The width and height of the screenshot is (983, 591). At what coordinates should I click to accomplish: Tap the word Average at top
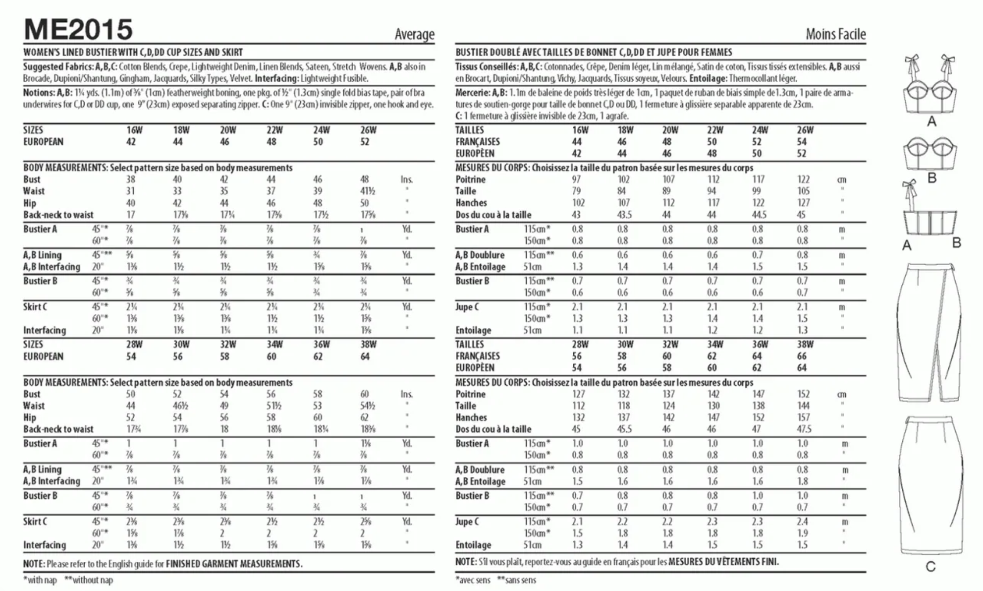point(414,34)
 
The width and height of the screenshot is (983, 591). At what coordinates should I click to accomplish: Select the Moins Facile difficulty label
point(835,34)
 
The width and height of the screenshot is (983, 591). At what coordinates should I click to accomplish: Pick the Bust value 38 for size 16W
point(131,179)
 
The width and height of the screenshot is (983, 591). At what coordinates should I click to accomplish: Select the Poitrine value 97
point(576,179)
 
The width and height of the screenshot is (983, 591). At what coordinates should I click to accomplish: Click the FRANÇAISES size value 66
point(802,356)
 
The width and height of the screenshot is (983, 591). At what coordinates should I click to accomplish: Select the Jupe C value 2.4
point(802,522)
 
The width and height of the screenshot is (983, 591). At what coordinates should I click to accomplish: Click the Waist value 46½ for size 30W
point(177,406)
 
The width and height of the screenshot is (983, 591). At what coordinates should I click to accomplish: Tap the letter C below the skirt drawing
point(930,567)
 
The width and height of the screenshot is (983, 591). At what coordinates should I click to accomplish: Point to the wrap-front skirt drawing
point(929,332)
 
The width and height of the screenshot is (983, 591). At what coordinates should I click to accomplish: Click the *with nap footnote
point(40,580)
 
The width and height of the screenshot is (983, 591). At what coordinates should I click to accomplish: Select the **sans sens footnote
point(516,580)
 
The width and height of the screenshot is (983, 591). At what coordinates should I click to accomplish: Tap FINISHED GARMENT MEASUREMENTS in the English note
point(234,564)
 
